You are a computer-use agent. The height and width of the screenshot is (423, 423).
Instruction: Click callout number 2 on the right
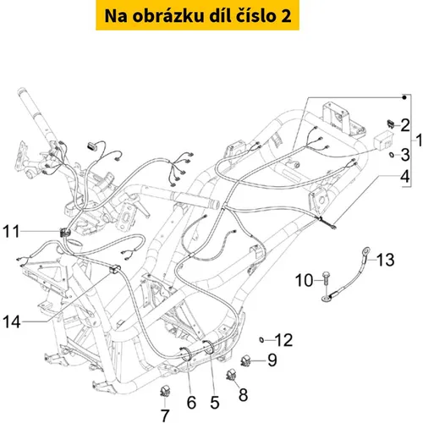[405, 125]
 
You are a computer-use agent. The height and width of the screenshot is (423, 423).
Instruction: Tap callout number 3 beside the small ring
[405, 155]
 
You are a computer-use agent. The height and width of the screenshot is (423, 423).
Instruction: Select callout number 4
[405, 177]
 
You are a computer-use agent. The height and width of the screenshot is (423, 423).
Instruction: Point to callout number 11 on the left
[11, 231]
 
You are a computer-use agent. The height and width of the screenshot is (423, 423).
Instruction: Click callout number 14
[12, 321]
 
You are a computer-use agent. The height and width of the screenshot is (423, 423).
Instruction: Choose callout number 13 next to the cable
[385, 260]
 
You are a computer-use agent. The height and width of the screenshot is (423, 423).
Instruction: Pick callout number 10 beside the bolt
[304, 281]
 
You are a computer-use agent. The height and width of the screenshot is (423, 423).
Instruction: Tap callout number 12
[283, 340]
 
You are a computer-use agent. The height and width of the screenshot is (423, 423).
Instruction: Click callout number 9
[272, 360]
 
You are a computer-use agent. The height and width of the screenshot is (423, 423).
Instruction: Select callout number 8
[243, 394]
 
